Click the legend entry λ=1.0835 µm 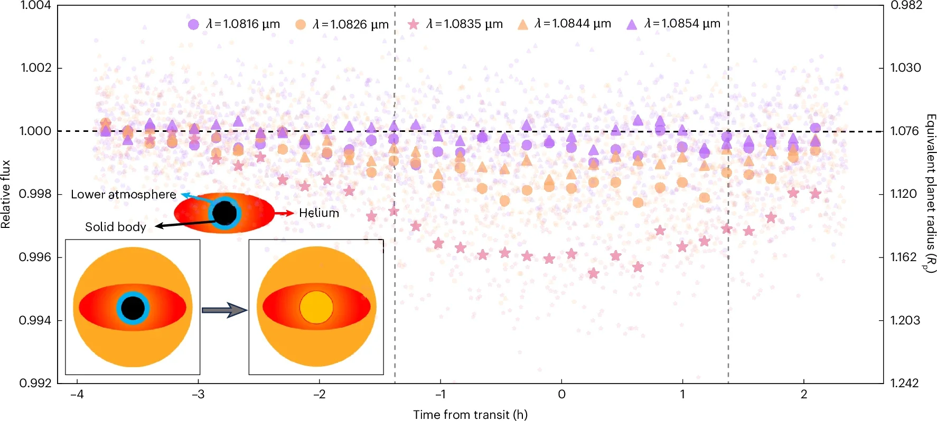pos(455,24)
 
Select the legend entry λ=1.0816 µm pos(233,24)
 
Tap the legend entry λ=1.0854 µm pos(673,24)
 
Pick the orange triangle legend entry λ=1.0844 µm pos(564,24)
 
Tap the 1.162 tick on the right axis pos(903,257)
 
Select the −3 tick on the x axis pos(198,395)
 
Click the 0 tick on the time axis pos(561,395)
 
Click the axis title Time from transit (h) pos(470,415)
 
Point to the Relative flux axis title pos(6,194)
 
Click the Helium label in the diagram pos(318,213)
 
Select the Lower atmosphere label pos(123,195)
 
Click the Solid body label pos(115,227)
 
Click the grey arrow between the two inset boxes pos(224,310)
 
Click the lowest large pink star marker pos(594,273)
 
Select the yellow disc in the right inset pos(316,307)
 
